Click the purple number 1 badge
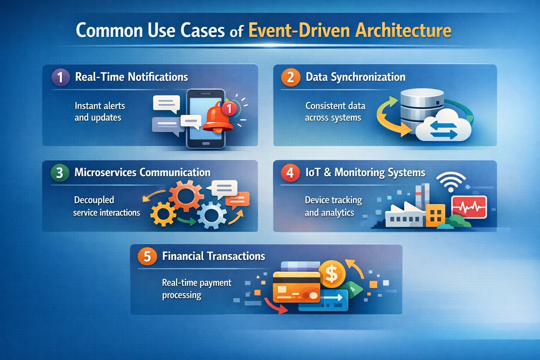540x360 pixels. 60,77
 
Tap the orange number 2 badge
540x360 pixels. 290,77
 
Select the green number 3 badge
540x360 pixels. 60,173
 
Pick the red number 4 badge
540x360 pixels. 290,173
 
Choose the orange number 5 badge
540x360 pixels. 147,256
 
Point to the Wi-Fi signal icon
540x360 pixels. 451,181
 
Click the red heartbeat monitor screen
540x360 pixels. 469,207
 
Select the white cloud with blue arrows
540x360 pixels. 444,127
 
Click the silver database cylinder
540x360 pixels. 422,105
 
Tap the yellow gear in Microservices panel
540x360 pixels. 163,214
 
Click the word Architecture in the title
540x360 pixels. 403,30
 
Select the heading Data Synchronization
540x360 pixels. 355,77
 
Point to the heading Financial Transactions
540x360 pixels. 213,256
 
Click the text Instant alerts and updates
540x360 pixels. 99,111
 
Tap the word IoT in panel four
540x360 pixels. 313,172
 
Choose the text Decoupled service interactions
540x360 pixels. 106,206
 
